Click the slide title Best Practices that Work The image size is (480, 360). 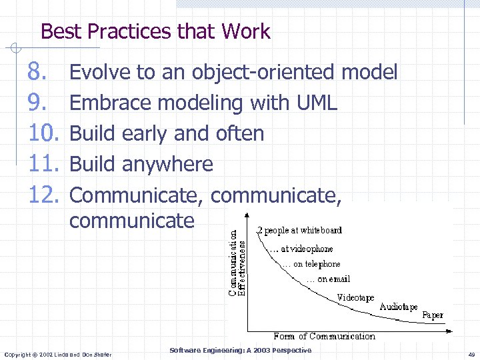pyautogui.click(x=155, y=31)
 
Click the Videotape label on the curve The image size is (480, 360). pyautogui.click(x=355, y=297)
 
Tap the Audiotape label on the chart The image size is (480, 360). pyautogui.click(x=399, y=307)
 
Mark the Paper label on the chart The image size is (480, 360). pyautogui.click(x=433, y=315)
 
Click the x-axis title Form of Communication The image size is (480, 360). pyautogui.click(x=324, y=336)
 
